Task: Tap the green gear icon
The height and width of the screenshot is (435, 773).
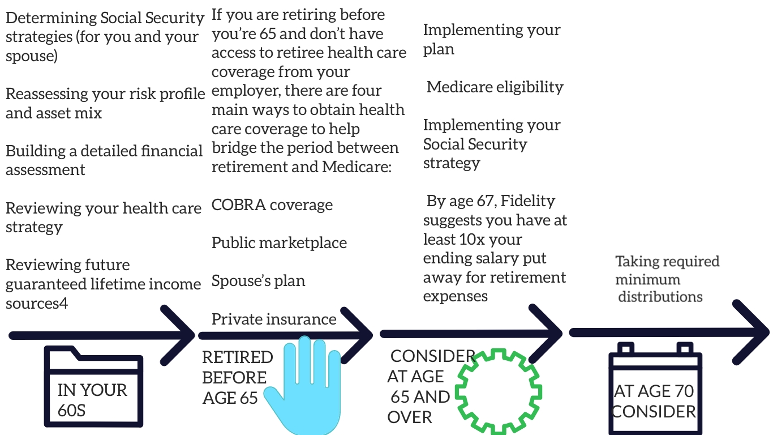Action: click(x=499, y=393)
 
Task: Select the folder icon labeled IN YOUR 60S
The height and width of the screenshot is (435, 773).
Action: click(x=94, y=391)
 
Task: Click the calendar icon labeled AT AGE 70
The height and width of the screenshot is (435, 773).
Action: click(x=655, y=391)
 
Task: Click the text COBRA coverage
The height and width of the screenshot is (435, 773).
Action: click(x=272, y=205)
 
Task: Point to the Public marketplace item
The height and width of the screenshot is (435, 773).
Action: click(x=279, y=243)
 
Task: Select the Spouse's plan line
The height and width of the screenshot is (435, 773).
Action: click(x=258, y=281)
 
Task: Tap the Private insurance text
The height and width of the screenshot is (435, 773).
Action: click(x=274, y=319)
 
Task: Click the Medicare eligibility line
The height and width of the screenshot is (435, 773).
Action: click(x=495, y=87)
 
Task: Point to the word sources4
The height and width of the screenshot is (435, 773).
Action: click(x=37, y=303)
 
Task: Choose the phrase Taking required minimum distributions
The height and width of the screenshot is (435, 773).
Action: click(x=667, y=279)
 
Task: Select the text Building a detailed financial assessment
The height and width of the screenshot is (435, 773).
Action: click(x=104, y=160)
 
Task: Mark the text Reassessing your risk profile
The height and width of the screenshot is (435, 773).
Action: click(x=105, y=94)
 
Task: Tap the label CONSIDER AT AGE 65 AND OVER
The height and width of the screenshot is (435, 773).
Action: click(x=422, y=387)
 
